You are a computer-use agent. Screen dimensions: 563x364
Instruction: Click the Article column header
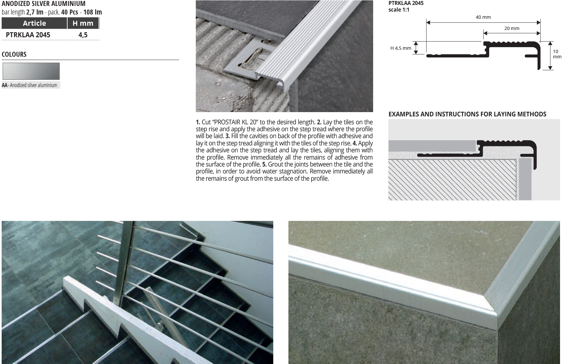pyautogui.click(x=34, y=23)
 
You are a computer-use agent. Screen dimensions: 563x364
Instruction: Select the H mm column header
pyautogui.click(x=83, y=23)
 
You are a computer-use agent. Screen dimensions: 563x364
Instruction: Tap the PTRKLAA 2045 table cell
pyautogui.click(x=28, y=35)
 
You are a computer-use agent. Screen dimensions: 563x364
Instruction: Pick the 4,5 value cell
pyautogui.click(x=83, y=35)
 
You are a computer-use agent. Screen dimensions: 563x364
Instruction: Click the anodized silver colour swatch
pyautogui.click(x=31, y=71)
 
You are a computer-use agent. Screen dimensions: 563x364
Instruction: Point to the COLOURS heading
pyautogui.click(x=14, y=54)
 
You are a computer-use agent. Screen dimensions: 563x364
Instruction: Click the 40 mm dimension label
pyautogui.click(x=483, y=17)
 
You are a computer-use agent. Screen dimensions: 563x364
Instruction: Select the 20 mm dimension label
pyautogui.click(x=512, y=28)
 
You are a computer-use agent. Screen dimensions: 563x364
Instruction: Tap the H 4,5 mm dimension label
pyautogui.click(x=400, y=48)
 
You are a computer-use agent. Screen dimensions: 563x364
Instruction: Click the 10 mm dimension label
pyautogui.click(x=556, y=54)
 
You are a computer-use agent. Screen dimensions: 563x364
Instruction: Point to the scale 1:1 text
pyautogui.click(x=399, y=10)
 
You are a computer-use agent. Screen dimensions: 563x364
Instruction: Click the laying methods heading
pyautogui.click(x=467, y=114)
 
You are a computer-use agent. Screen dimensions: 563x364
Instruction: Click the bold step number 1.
pyautogui.click(x=198, y=122)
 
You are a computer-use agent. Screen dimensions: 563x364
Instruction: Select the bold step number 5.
pyautogui.click(x=264, y=165)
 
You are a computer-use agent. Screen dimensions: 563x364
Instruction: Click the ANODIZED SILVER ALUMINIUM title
pyautogui.click(x=44, y=4)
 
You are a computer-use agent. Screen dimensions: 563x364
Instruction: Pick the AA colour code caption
pyautogui.click(x=29, y=85)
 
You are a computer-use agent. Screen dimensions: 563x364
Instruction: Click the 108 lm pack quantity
pyautogui.click(x=93, y=12)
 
